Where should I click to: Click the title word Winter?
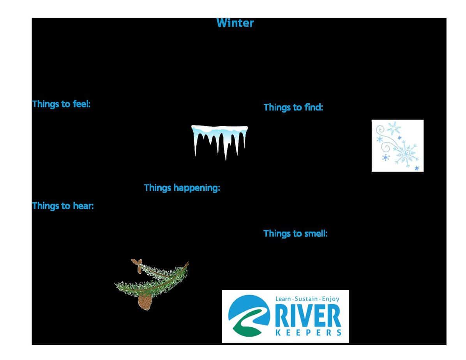(x=235, y=23)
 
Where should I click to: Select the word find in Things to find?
(x=313, y=107)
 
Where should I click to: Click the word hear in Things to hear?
(x=85, y=206)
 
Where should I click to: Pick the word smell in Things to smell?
(x=316, y=233)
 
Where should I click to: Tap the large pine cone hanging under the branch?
(x=145, y=302)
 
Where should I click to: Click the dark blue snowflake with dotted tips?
(x=386, y=157)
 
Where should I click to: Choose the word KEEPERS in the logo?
(x=309, y=332)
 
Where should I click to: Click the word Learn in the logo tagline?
(x=282, y=299)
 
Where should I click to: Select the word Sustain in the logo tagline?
(x=306, y=299)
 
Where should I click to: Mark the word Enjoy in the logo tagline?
(x=330, y=299)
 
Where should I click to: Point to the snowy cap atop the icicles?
(x=219, y=129)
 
